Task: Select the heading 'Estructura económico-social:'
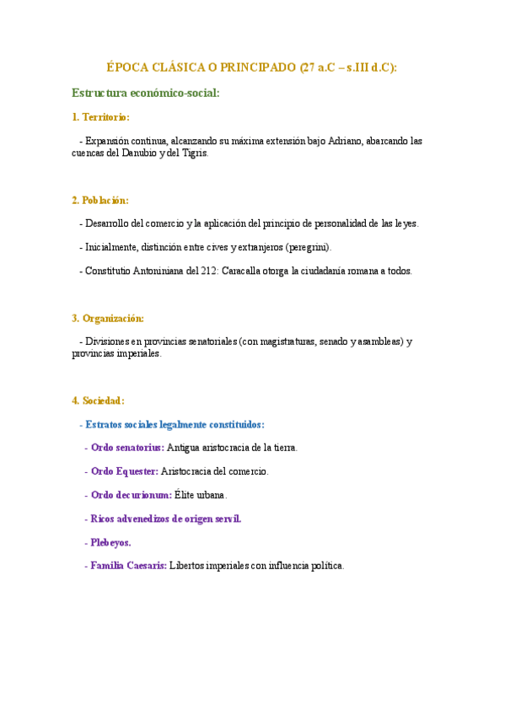coord(146,93)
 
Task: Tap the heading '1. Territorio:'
coord(101,117)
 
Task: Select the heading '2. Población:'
coord(100,200)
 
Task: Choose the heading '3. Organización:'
coord(108,318)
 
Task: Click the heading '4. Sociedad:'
coord(99,401)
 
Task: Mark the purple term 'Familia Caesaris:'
coord(128,566)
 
